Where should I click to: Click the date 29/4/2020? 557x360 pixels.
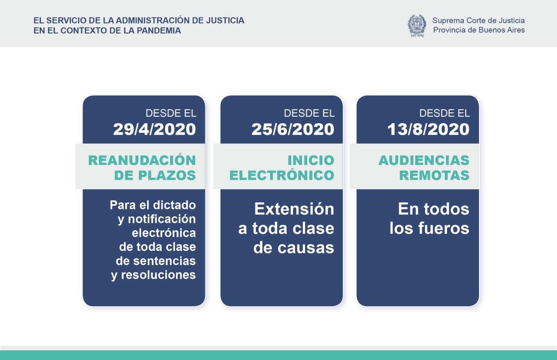(x=154, y=129)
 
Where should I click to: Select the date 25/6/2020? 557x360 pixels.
(x=293, y=129)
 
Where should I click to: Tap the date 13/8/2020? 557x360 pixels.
(x=428, y=129)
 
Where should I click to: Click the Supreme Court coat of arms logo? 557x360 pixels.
(x=417, y=26)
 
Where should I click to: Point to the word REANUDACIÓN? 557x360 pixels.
(x=142, y=160)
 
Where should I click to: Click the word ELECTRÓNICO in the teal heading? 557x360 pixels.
(x=282, y=175)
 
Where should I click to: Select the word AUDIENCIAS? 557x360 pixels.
(x=424, y=160)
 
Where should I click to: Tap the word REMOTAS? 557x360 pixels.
(x=434, y=175)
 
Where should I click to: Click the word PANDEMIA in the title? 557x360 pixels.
(x=159, y=30)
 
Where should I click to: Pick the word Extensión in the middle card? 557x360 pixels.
(x=294, y=209)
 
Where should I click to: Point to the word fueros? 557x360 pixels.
(x=444, y=228)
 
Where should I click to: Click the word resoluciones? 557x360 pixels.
(x=158, y=275)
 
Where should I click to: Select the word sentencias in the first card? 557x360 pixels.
(x=164, y=261)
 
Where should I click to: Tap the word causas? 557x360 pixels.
(x=305, y=248)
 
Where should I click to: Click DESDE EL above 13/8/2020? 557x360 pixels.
(x=445, y=113)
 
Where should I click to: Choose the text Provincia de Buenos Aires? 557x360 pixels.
(x=479, y=30)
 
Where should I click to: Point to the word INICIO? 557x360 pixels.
(x=311, y=160)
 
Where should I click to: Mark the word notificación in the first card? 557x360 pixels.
(x=161, y=219)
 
